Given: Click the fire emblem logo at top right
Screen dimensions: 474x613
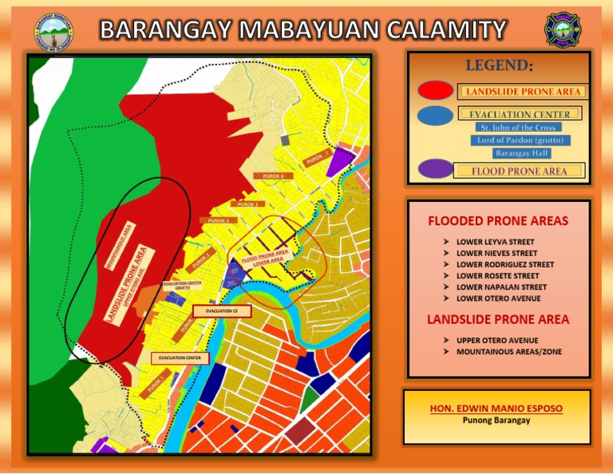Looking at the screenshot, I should point(561,30).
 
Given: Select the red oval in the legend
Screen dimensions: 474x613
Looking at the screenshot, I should point(436,91).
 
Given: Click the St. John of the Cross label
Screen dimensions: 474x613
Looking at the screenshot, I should point(517,128).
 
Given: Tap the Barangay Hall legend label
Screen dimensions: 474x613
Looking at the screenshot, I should point(517,153).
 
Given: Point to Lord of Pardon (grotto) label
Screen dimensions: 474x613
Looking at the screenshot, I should point(517,140).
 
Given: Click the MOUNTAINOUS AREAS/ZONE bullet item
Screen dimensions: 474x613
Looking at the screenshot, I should point(501,351).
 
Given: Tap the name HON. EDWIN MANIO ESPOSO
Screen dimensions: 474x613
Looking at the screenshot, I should point(496,409).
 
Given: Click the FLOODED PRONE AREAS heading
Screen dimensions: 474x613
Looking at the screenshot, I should point(498,221).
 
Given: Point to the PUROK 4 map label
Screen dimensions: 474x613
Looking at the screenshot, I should point(218,220).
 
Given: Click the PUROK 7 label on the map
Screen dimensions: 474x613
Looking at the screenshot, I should point(317,159).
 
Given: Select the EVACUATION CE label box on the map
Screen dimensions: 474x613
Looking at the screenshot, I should point(216,310).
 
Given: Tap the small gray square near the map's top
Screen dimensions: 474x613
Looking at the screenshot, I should point(286,140).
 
